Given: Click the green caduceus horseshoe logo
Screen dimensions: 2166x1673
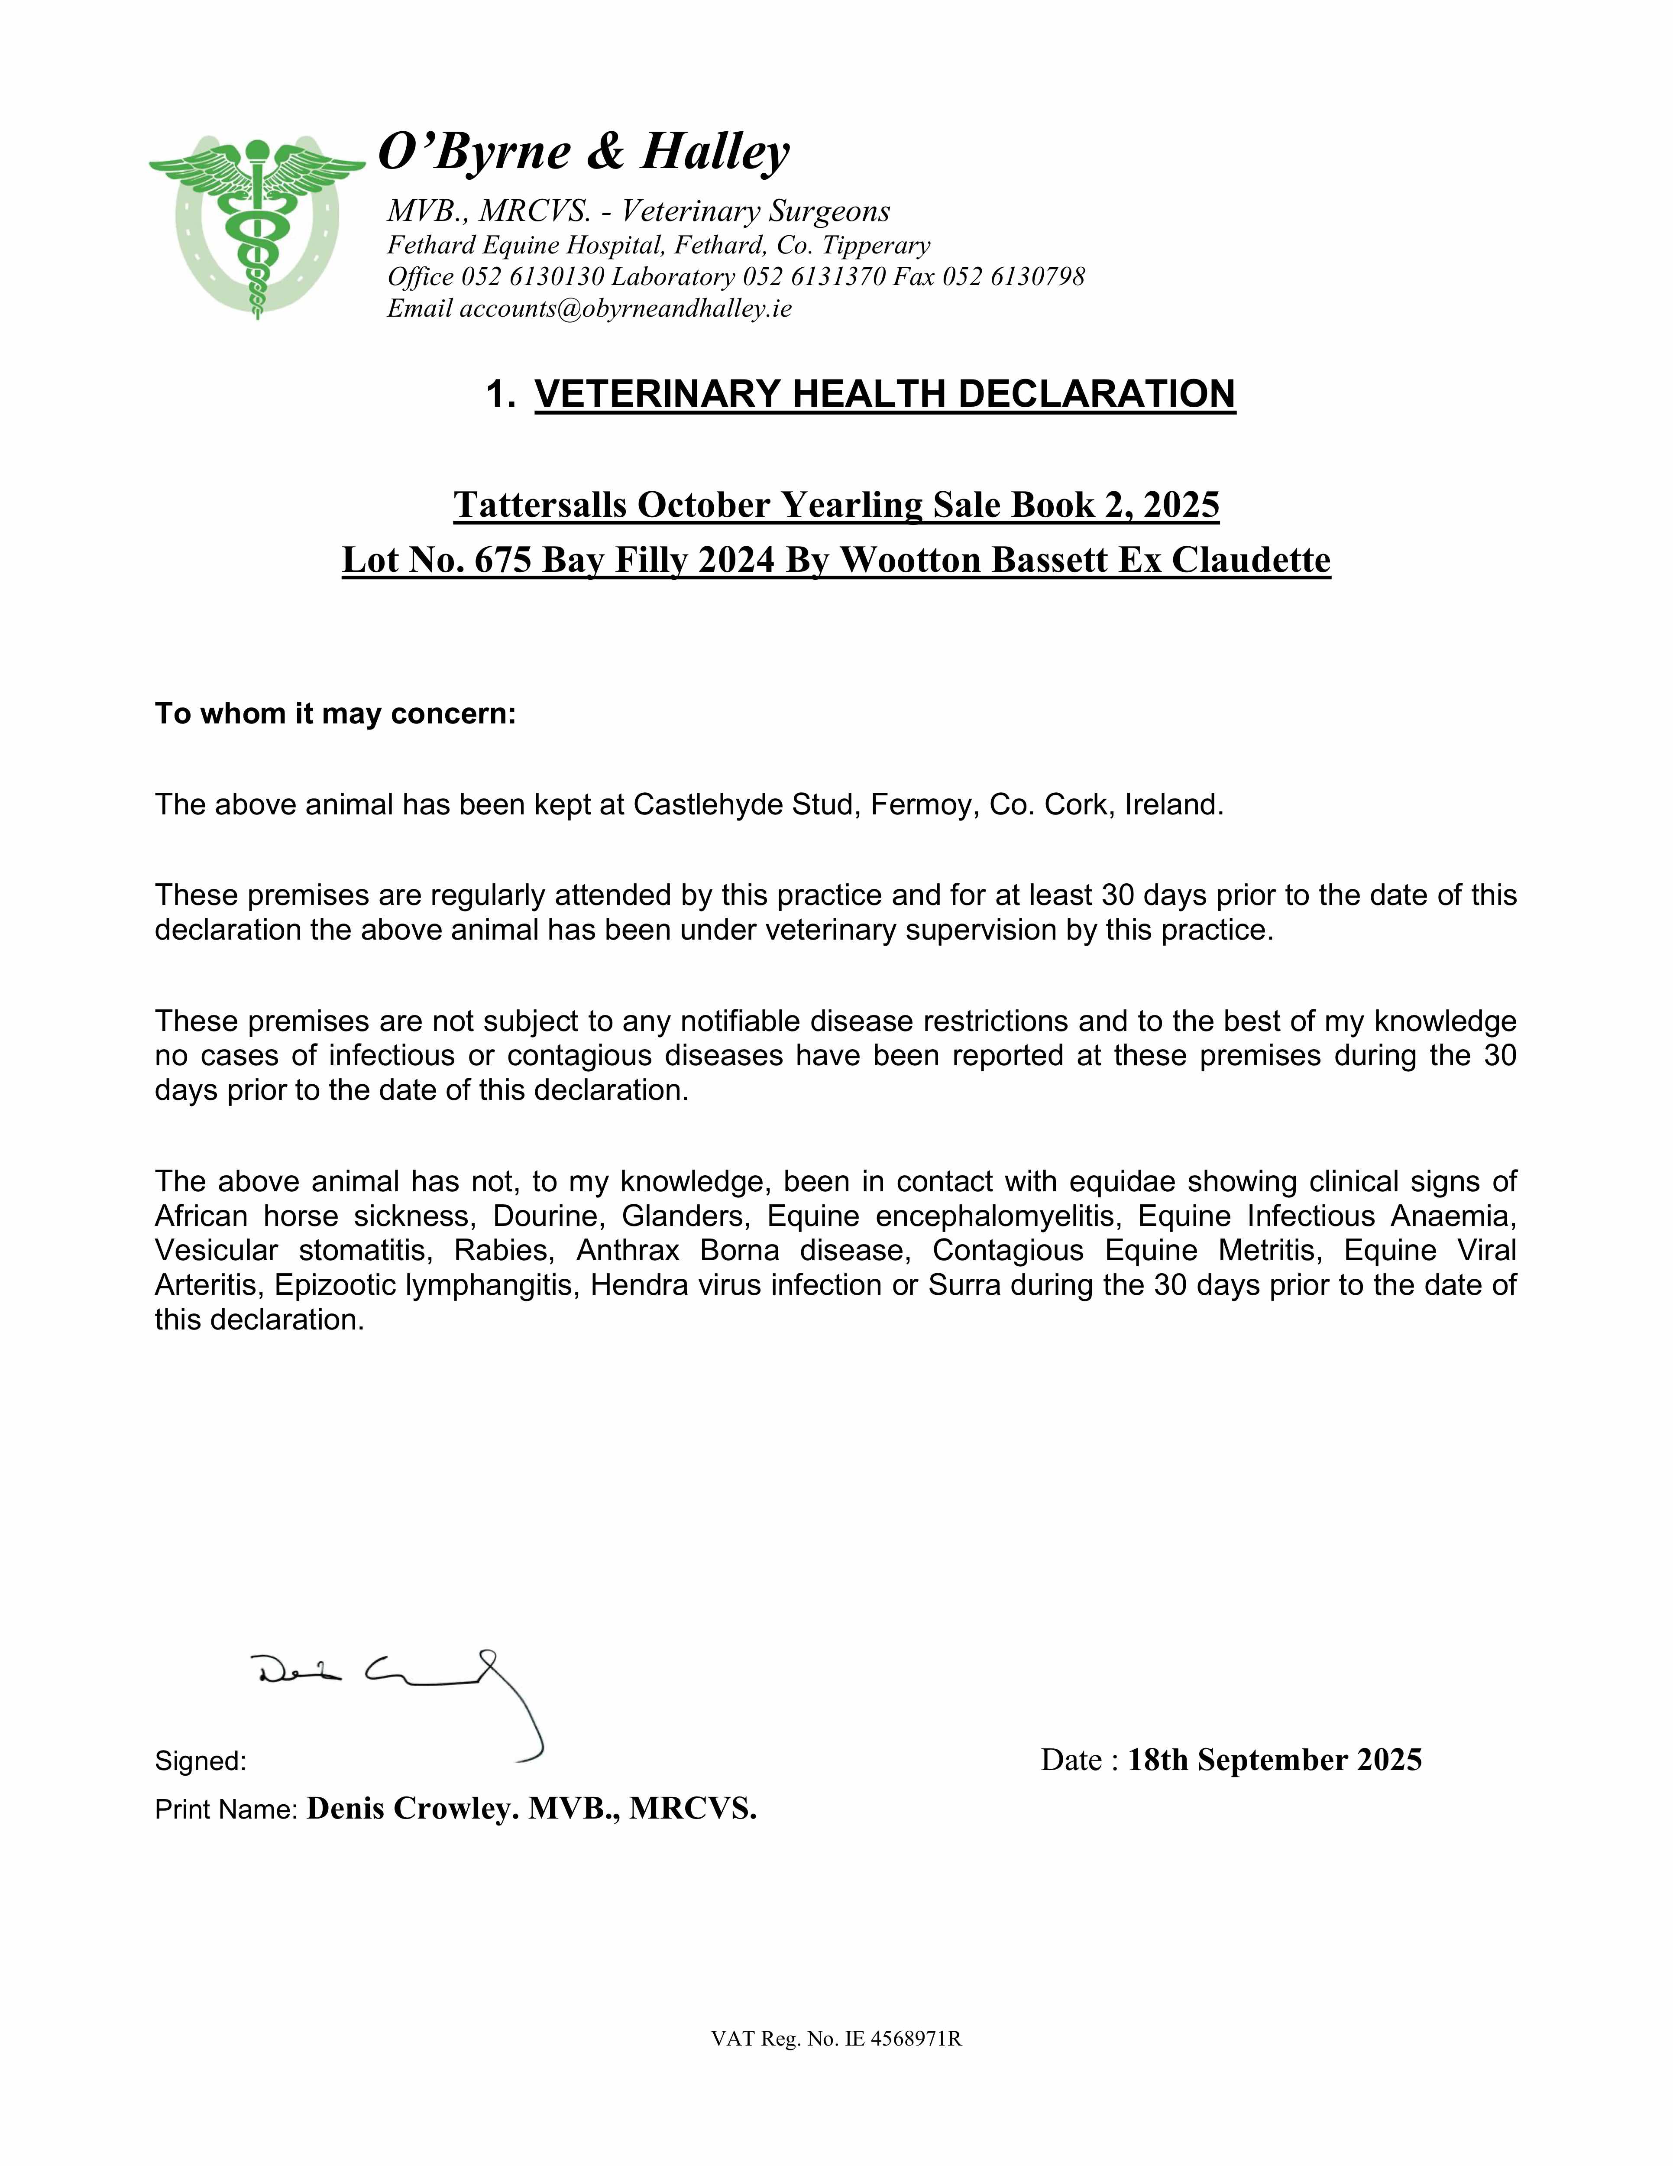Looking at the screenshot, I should pyautogui.click(x=257, y=226).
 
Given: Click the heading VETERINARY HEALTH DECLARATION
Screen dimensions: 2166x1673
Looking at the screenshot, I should pyautogui.click(x=885, y=394).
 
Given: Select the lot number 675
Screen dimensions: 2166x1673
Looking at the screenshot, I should pyautogui.click(x=504, y=560).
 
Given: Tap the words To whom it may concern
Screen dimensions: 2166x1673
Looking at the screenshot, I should pyautogui.click(x=335, y=714).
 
